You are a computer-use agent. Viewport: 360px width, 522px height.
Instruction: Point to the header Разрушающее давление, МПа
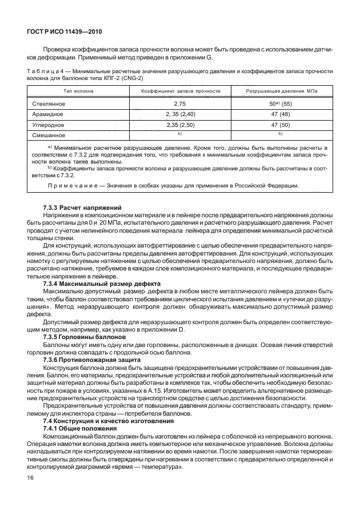[x=282, y=91]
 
